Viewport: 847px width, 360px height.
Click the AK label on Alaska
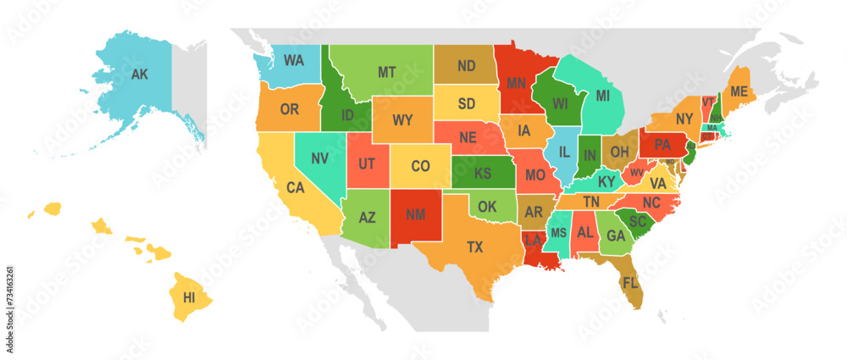tap(140, 74)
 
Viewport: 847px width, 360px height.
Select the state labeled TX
tap(475, 246)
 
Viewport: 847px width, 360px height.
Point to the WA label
tap(294, 60)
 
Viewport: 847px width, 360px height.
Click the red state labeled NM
tap(415, 215)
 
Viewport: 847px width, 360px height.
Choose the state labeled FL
tap(629, 282)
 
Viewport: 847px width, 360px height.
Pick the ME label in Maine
tap(739, 91)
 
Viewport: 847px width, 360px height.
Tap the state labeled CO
tap(420, 166)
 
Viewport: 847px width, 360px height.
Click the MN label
tap(517, 83)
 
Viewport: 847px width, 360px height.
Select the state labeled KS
tap(483, 172)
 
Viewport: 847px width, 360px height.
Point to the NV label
tap(320, 158)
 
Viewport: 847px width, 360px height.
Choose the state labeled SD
tap(467, 103)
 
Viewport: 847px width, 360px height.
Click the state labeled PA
tap(662, 143)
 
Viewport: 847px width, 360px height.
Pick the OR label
tap(290, 109)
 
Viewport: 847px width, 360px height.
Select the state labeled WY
tap(402, 119)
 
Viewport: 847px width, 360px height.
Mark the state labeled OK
tap(487, 206)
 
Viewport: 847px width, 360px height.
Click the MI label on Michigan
tap(602, 96)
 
